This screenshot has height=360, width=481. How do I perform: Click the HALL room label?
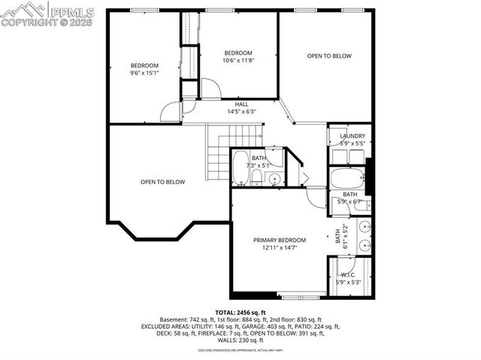[x=241, y=104]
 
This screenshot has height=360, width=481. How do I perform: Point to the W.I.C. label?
[x=348, y=275]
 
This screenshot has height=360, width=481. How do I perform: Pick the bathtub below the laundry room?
[x=347, y=179]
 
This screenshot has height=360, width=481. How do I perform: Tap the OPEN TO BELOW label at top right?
[x=329, y=56]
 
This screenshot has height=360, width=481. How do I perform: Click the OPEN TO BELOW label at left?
[x=162, y=182]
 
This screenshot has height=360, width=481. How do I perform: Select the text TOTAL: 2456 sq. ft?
[x=240, y=312]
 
